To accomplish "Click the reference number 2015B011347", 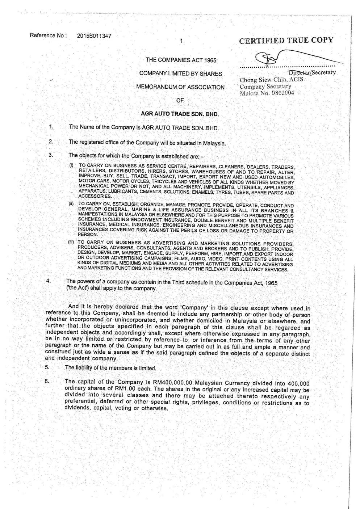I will click(x=94, y=36).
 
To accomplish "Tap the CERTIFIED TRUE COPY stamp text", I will click(x=286, y=40).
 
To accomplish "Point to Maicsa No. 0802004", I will click(x=267, y=93).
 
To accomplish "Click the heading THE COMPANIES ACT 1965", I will click(x=181, y=60).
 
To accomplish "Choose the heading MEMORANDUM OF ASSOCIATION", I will click(x=180, y=87).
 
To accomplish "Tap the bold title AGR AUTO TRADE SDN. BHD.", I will click(x=180, y=114).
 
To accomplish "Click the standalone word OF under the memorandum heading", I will click(x=180, y=100).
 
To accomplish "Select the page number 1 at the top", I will click(x=181, y=41).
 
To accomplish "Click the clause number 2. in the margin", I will click(x=51, y=142).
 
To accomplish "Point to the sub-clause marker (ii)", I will click(x=71, y=203).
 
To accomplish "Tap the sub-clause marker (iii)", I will click(x=71, y=242).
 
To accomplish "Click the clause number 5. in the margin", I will click(x=47, y=367).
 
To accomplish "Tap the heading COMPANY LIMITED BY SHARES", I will click(x=180, y=73).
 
